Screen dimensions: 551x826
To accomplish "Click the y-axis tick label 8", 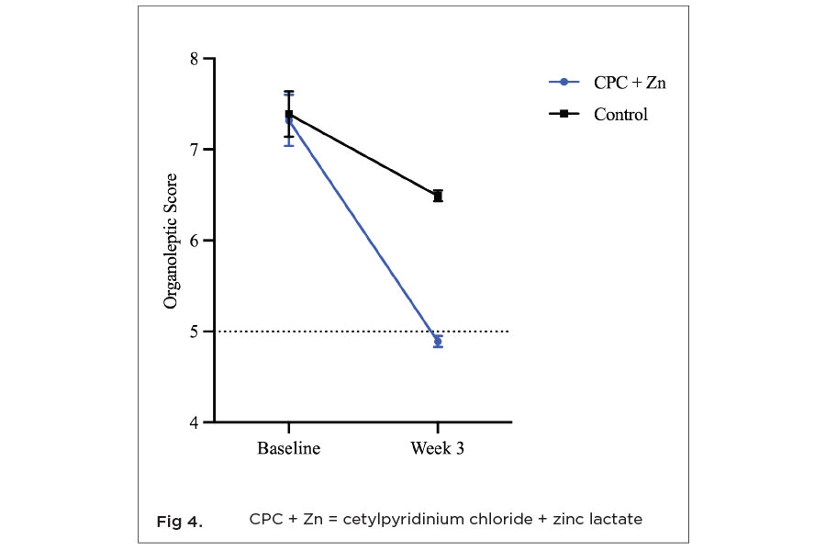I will tap(193, 59).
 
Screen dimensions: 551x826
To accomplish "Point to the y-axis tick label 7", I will tap(193, 150).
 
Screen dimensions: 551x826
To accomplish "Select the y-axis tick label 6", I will tap(193, 241).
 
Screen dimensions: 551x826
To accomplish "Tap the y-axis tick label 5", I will tap(193, 332).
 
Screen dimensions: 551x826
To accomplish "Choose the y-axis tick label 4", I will tap(193, 422).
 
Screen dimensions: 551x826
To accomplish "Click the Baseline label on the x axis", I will tap(288, 449).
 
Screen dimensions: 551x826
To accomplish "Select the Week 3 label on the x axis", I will tap(437, 449).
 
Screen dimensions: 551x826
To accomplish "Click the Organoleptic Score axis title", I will tap(171, 241).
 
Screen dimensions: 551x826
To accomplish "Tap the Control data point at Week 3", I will tap(438, 196).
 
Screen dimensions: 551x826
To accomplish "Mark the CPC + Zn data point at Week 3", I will tap(438, 342).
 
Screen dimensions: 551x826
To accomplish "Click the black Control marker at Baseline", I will tap(289, 114).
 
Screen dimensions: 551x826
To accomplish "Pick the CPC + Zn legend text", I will tap(630, 83).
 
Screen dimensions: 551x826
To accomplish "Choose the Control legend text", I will tap(620, 115).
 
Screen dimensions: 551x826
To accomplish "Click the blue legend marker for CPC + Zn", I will tap(564, 83).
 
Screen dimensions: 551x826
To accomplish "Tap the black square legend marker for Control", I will tap(564, 115).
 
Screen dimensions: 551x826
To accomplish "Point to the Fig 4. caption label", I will tap(179, 522).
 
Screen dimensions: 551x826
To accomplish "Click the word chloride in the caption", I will tap(503, 519).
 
